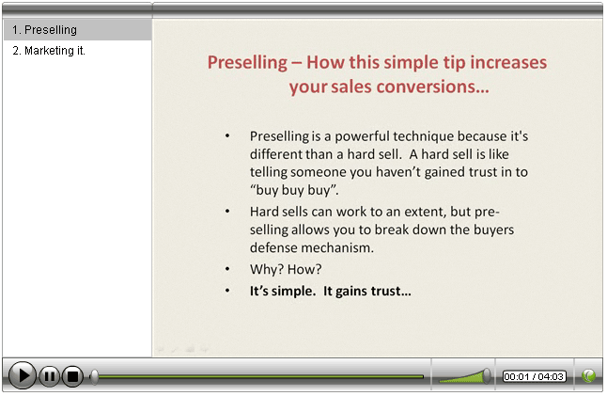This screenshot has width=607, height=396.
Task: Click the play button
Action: point(23,375)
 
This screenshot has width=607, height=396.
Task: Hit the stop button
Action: point(72,376)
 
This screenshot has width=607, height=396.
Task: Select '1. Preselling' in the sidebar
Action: point(44,30)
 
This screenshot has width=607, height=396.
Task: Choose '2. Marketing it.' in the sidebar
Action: point(49,51)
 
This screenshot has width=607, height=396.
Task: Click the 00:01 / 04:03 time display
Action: point(535,376)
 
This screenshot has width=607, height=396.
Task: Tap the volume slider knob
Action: point(487,376)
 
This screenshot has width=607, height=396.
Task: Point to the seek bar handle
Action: point(94,376)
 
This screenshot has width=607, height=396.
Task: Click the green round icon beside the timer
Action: point(588,375)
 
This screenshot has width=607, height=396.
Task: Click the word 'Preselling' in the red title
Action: point(247,62)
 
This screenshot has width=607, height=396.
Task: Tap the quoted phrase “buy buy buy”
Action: point(294,190)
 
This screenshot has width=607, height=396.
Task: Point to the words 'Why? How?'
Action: point(286,269)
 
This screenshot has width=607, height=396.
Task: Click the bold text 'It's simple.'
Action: point(283,291)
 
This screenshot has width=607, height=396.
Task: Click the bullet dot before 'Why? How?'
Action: point(227,269)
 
